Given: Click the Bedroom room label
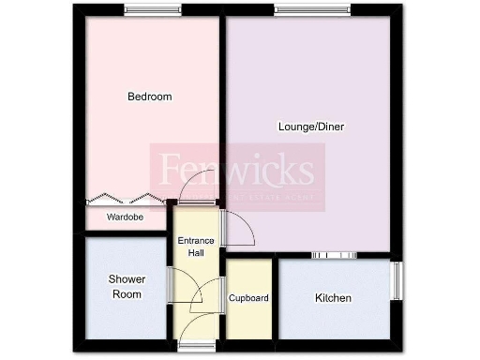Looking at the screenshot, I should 150,97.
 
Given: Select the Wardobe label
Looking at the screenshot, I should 125,217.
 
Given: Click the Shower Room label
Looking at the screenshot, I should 125,287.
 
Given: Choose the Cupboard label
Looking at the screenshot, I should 248,299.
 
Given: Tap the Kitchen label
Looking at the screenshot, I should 333,299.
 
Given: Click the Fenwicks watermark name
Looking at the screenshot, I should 237,171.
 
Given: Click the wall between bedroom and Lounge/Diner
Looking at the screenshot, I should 221,103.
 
